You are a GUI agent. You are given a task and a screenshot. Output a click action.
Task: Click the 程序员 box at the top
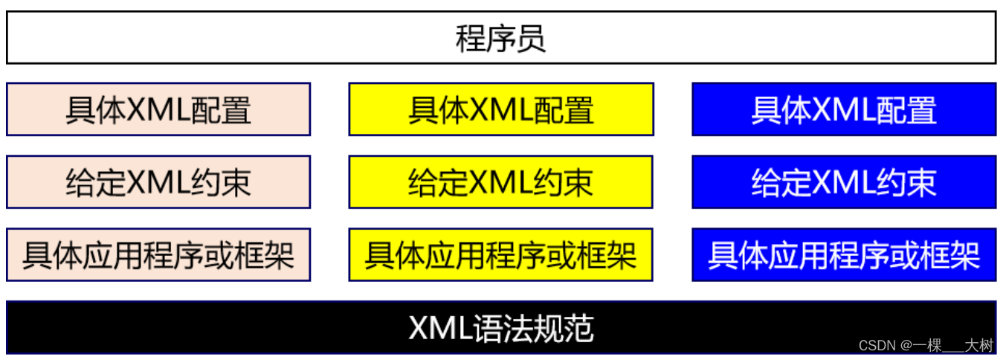click(x=500, y=38)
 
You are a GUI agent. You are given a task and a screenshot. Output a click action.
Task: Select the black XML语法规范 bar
click(x=500, y=327)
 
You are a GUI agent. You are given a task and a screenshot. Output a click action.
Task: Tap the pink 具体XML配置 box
click(x=158, y=109)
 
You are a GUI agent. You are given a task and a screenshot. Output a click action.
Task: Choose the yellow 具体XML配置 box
click(x=500, y=109)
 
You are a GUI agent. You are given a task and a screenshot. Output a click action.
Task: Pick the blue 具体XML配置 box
click(x=843, y=109)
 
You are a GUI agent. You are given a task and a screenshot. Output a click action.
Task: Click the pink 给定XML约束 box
click(x=158, y=181)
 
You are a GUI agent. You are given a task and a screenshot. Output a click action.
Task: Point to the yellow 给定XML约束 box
click(x=500, y=181)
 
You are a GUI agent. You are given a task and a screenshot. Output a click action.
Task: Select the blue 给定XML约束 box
click(x=843, y=181)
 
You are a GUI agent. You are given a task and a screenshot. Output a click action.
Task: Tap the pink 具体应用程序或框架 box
click(x=158, y=254)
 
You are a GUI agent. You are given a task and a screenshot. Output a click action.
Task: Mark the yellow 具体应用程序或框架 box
click(x=500, y=254)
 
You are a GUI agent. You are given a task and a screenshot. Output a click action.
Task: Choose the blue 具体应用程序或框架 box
click(x=843, y=254)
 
